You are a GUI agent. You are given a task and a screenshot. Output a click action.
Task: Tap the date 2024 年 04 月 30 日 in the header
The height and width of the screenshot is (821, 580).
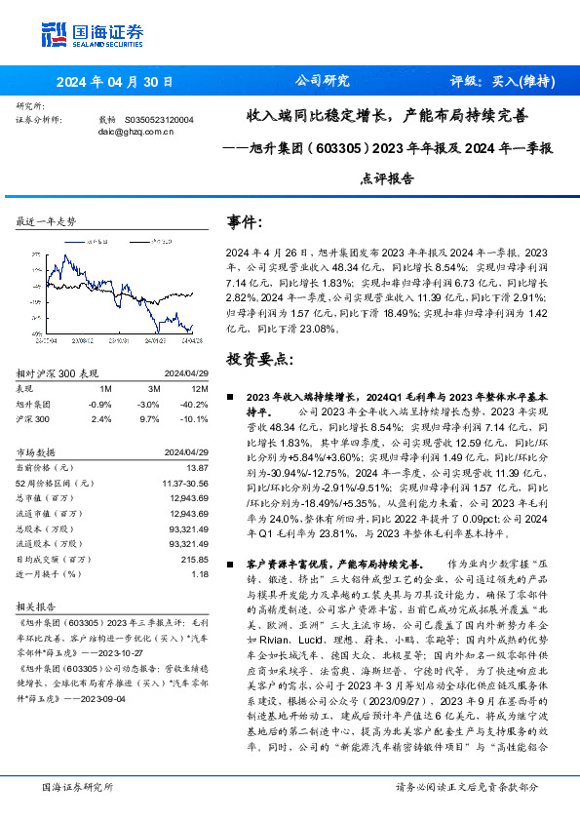point(114,83)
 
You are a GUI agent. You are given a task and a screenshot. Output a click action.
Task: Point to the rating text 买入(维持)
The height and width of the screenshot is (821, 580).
point(521,82)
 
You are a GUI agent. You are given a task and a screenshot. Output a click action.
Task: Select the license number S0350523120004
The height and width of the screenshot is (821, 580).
point(161,119)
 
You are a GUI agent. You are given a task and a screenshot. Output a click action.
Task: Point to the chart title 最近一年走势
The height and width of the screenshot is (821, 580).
point(46,222)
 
